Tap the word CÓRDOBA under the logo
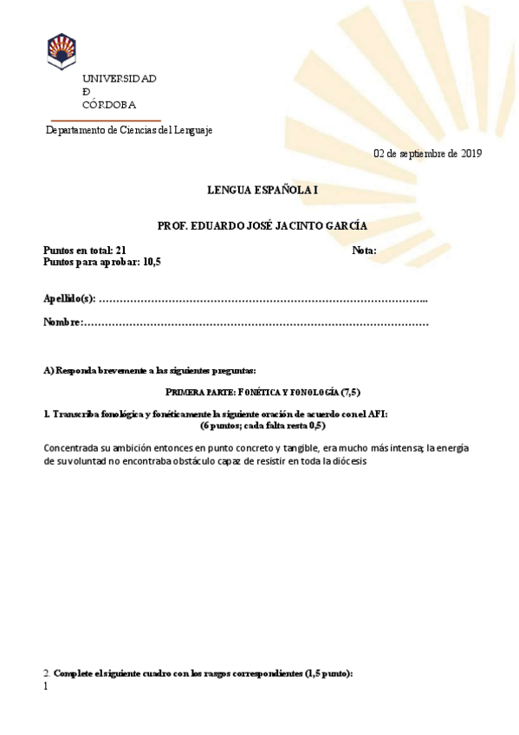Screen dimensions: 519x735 109,105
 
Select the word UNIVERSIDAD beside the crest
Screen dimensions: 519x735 120,79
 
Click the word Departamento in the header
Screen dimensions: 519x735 75,130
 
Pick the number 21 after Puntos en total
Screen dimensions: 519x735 120,250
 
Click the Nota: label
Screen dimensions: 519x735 364,250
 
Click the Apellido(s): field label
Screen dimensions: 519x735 69,299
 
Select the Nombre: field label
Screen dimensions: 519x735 62,322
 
